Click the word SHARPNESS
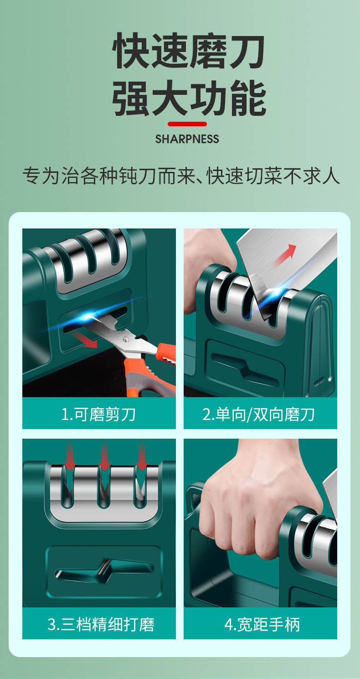coord(187,139)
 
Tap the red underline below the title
coord(187,124)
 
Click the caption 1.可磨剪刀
coord(98,414)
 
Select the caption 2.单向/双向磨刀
coord(258,414)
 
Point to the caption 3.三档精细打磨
coord(101,624)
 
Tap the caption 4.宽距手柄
coord(262,624)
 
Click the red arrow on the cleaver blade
coord(285,255)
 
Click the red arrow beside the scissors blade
coord(85,339)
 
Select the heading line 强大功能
coord(189,98)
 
